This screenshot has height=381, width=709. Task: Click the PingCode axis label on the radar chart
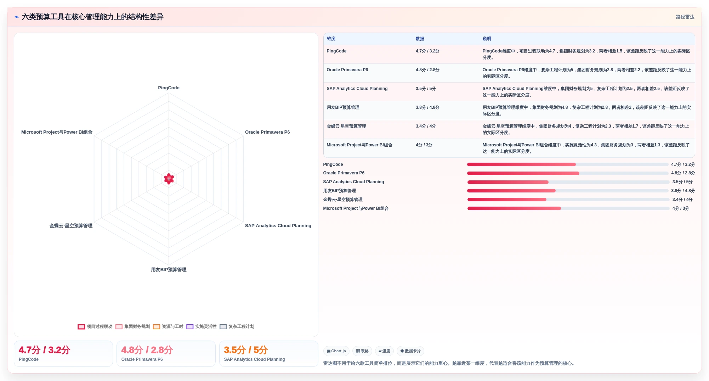click(169, 88)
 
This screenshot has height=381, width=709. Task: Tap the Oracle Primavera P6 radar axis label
click(267, 132)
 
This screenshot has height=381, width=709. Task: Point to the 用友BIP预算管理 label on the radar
click(169, 270)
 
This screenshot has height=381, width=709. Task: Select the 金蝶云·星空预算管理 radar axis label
click(71, 226)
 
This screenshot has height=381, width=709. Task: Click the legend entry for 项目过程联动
click(95, 327)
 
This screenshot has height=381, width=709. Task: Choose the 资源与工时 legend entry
click(168, 327)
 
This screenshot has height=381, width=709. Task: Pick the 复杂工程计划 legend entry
click(237, 327)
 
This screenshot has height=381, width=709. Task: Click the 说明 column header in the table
click(487, 39)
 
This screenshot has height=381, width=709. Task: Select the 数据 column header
click(420, 39)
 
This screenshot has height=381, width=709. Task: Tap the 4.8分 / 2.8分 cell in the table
click(427, 70)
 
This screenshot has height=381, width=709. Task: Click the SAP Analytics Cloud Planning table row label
click(357, 89)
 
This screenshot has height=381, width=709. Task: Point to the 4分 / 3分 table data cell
click(424, 145)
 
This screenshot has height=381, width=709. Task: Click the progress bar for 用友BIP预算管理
click(568, 191)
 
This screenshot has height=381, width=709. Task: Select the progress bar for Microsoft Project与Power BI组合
click(568, 208)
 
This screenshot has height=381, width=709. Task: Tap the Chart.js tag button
click(336, 351)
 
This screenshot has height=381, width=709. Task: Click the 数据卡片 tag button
click(410, 351)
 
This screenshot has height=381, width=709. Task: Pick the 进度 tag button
click(384, 351)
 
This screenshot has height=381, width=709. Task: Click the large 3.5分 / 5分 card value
click(246, 350)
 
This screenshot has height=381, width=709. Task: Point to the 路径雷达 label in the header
click(685, 17)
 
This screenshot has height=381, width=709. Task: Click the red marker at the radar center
click(169, 179)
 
